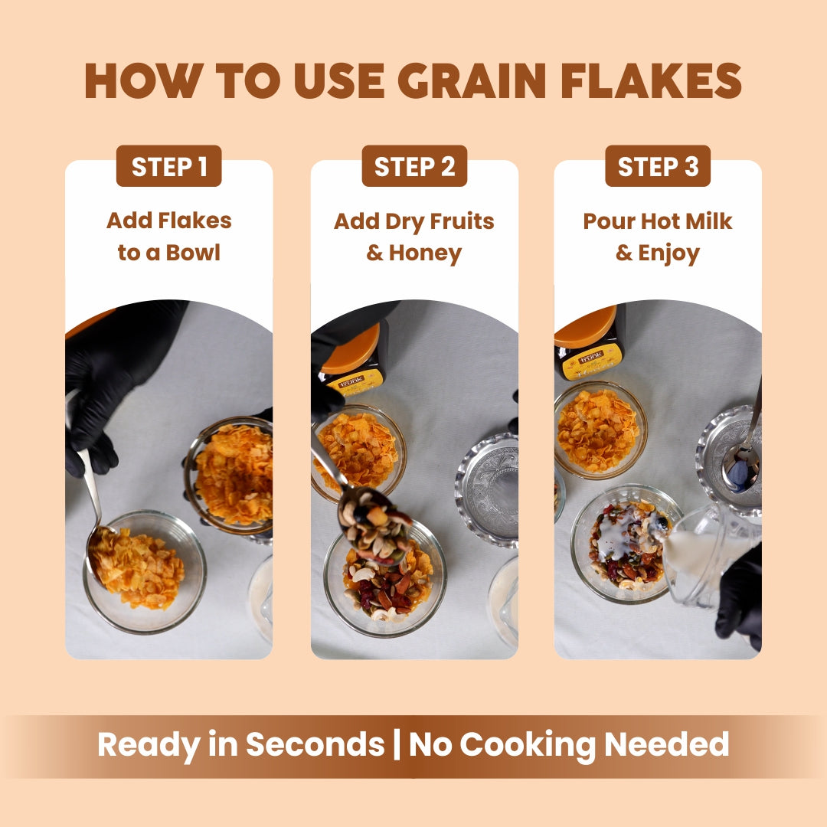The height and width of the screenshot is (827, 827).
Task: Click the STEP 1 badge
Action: (168, 166)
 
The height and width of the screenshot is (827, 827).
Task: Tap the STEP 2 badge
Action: (414, 166)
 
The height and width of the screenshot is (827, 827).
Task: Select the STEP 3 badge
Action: (658, 166)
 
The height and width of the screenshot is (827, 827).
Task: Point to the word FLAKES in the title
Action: (652, 80)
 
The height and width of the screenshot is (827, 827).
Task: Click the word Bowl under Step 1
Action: (193, 253)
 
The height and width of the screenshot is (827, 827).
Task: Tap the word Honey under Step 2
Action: (425, 253)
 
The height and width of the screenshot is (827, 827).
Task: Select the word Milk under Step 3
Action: (708, 221)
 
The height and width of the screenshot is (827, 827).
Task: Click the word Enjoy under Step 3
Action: (668, 253)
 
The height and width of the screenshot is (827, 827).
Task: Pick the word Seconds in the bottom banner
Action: (315, 744)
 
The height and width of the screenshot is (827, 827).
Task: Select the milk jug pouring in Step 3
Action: (707, 557)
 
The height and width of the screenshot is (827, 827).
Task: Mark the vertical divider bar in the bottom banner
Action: (397, 744)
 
